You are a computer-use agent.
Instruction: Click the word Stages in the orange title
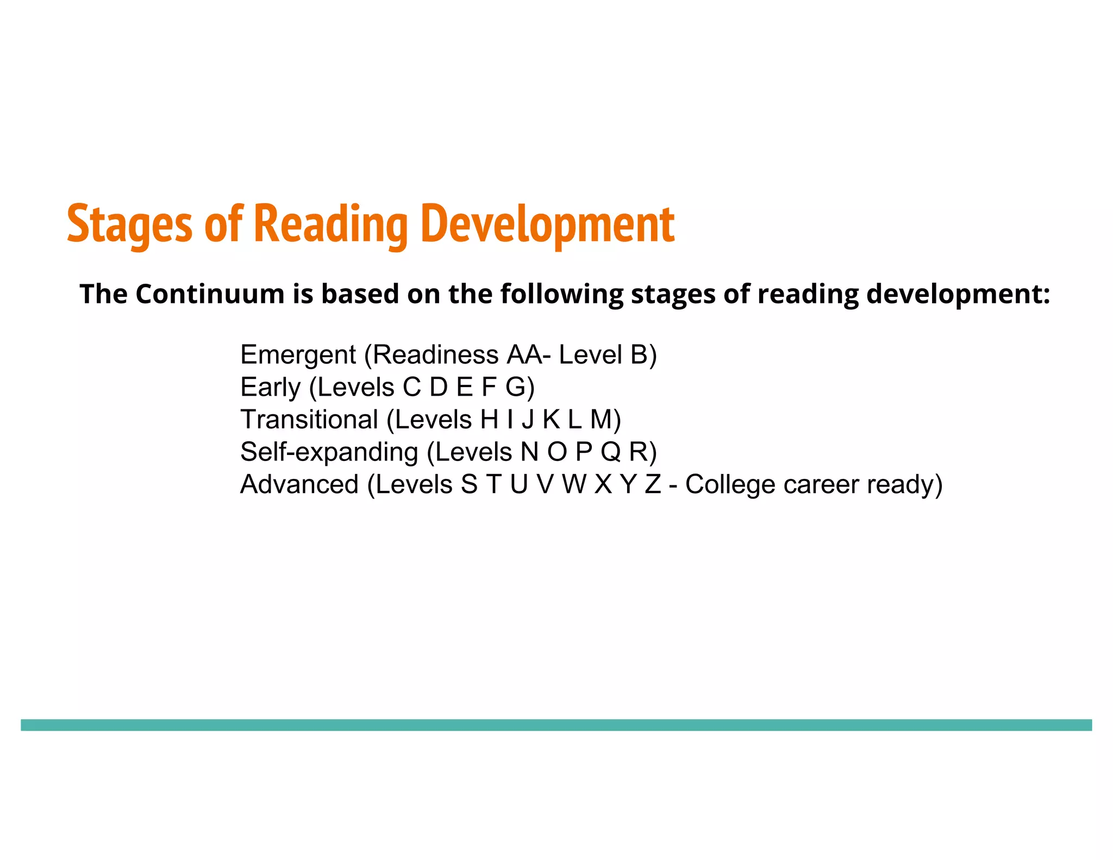[129, 224]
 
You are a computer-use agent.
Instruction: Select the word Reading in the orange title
[330, 224]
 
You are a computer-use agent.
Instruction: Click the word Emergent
[298, 356]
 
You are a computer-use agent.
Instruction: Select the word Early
[270, 388]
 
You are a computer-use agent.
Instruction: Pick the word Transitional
[309, 420]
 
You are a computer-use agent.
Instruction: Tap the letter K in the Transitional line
[551, 420]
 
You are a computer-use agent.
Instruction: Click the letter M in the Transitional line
[601, 420]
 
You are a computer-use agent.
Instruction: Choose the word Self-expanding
[329, 452]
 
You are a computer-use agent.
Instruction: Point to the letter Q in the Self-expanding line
[610, 452]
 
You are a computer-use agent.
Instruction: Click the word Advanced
[299, 484]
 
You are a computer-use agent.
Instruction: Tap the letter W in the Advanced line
[574, 484]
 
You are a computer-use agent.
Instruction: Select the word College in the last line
[730, 484]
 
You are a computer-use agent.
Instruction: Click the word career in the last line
[820, 484]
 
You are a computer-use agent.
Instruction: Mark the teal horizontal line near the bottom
[556, 725]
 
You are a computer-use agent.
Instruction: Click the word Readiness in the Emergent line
[435, 354]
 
